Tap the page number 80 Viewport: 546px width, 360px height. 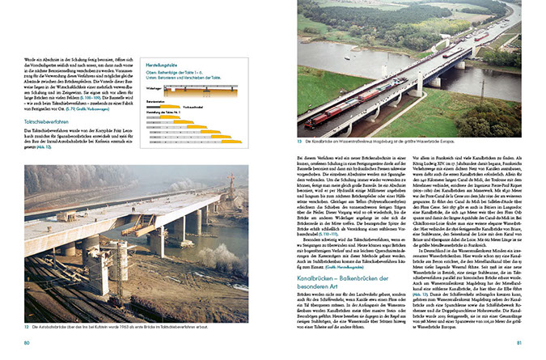(x=27, y=344)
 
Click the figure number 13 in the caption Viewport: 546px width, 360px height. (x=300, y=143)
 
